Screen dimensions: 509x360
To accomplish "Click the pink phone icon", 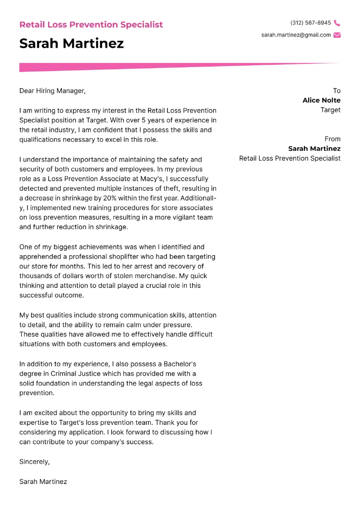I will pos(337,23).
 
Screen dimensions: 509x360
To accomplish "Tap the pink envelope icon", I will pos(337,35).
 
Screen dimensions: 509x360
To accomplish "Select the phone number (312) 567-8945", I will pos(310,23).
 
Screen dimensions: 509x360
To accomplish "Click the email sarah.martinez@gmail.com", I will pos(296,35).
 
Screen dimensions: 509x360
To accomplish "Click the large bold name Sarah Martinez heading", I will pos(72,44).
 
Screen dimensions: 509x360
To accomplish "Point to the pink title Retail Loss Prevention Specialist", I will pos(91,25).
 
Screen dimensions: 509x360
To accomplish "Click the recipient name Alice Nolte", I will pos(321,100).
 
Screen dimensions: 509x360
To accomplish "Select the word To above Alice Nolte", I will pos(337,91).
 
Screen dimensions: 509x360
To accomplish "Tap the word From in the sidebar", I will pos(333,139).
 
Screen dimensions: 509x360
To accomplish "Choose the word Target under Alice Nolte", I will pos(330,110).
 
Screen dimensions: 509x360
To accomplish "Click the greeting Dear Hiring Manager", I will pos(52,91).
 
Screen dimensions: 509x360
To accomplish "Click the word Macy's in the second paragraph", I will pos(140,179).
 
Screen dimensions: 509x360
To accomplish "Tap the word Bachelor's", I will pos(179,364).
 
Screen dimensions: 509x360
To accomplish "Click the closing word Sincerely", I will pos(35,462).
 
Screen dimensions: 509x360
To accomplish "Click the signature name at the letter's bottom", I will pos(43,482).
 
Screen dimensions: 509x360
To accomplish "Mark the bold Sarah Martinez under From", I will pos(314,149).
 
